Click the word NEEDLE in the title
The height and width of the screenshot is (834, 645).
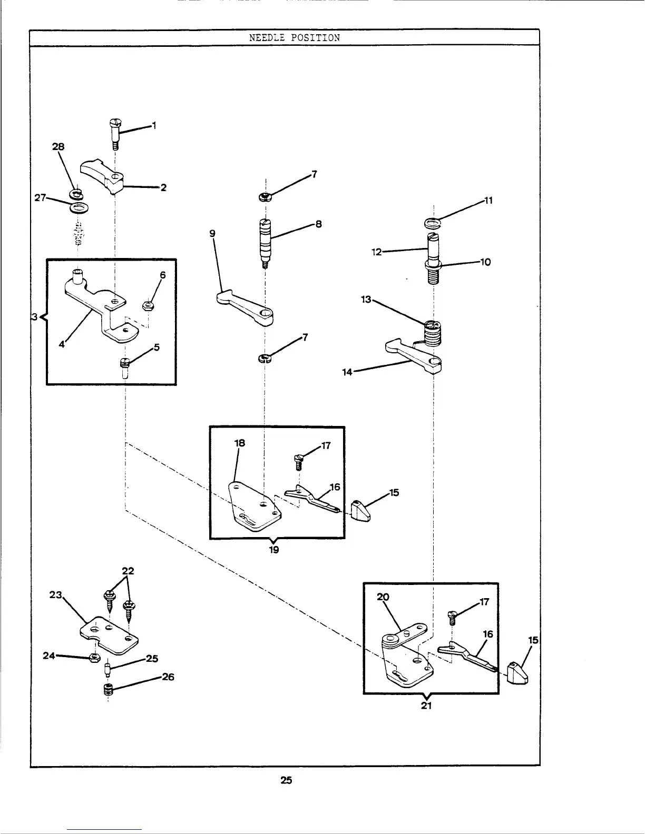pos(266,38)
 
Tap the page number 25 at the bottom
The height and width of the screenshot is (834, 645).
pos(286,780)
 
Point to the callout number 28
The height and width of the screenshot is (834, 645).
pos(58,147)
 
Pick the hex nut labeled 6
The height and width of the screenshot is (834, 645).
pos(149,305)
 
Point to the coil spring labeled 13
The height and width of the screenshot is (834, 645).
pos(432,333)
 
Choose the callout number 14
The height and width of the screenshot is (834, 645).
pos(346,372)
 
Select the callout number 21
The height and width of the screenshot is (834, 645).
pos(427,706)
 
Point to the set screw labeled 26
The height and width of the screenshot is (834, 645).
pos(109,690)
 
